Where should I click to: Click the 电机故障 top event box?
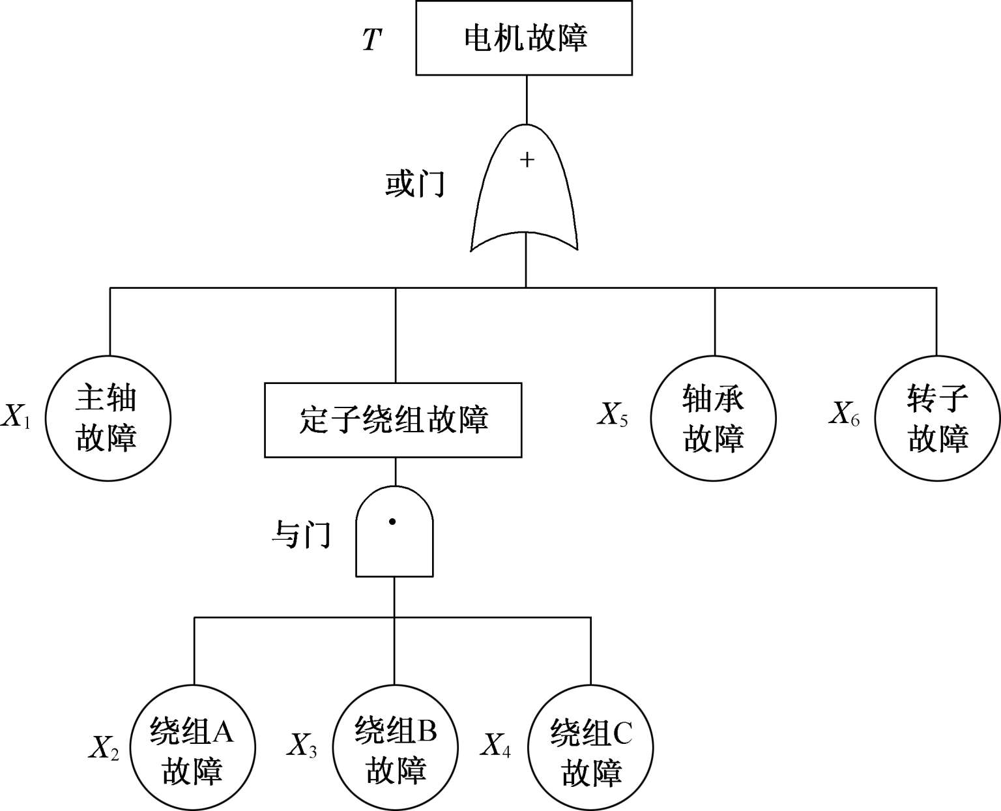click(x=524, y=38)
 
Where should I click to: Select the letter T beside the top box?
click(x=371, y=40)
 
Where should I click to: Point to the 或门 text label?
click(x=414, y=184)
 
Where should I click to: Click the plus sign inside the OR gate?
click(x=527, y=160)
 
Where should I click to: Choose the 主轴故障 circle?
click(x=108, y=418)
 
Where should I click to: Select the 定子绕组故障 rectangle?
click(x=393, y=420)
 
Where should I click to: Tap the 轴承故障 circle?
click(x=714, y=418)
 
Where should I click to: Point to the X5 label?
click(x=613, y=413)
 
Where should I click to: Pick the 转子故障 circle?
click(x=937, y=418)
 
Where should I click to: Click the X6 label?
click(x=844, y=413)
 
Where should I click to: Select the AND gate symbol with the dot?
click(x=394, y=533)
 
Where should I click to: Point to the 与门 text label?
click(x=301, y=535)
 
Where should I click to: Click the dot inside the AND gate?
click(x=392, y=522)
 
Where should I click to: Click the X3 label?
click(x=302, y=745)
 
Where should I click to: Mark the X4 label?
click(x=496, y=745)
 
